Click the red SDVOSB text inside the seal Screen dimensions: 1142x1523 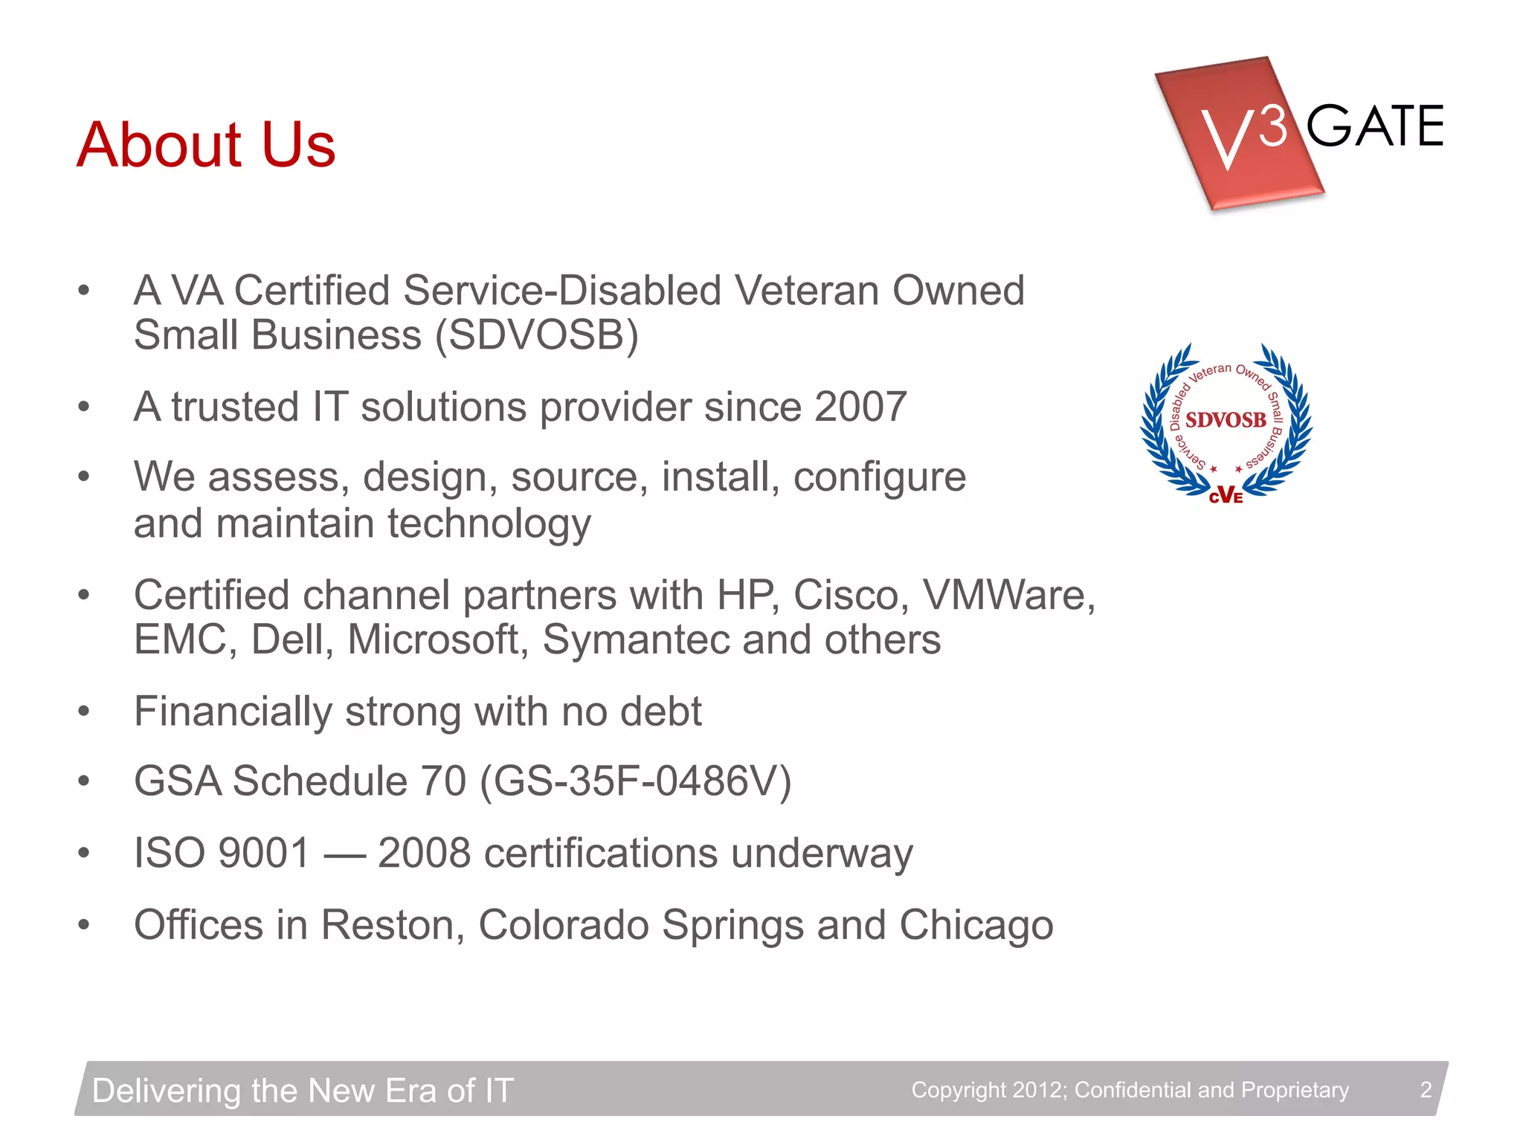click(x=1226, y=420)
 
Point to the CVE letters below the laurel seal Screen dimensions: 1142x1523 click(x=1226, y=496)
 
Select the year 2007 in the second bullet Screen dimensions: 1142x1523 click(x=860, y=407)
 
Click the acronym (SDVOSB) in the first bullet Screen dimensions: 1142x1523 click(x=537, y=335)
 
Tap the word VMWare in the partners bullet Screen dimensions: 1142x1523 click(x=1008, y=595)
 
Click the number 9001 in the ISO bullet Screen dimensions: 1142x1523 click(x=264, y=853)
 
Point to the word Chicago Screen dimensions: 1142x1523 click(x=976, y=925)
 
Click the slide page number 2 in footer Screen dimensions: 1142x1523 click(x=1426, y=1090)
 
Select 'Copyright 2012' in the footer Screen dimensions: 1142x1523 click(x=988, y=1090)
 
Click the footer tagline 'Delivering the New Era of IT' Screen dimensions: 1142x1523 click(x=303, y=1091)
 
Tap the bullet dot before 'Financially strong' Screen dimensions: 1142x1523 click(x=84, y=712)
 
